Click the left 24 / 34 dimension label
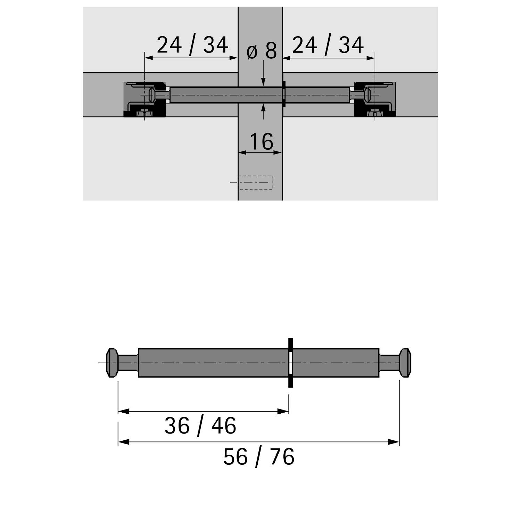click(192, 45)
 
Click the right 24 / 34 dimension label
click(328, 45)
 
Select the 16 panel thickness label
click(261, 142)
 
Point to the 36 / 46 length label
click(200, 426)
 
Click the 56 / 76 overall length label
click(259, 457)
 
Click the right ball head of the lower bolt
click(405, 363)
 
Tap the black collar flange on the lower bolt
click(290, 363)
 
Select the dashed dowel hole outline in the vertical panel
click(256, 183)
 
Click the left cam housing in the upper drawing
click(144, 99)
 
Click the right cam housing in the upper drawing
click(375, 99)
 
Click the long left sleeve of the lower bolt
click(213, 363)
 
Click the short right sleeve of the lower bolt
click(336, 363)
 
